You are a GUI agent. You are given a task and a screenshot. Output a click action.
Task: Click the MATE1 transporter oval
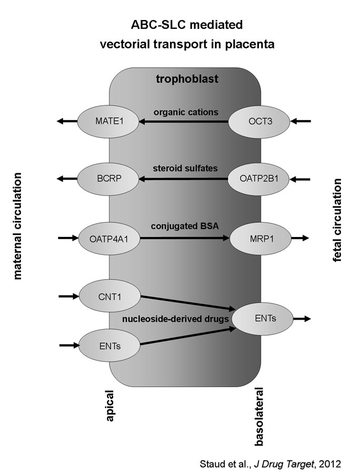[108, 122]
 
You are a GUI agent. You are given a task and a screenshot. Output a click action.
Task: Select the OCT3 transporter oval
[259, 122]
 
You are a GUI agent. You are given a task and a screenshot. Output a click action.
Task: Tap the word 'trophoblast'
[187, 80]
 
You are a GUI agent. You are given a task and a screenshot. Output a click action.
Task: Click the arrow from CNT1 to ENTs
[187, 303]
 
